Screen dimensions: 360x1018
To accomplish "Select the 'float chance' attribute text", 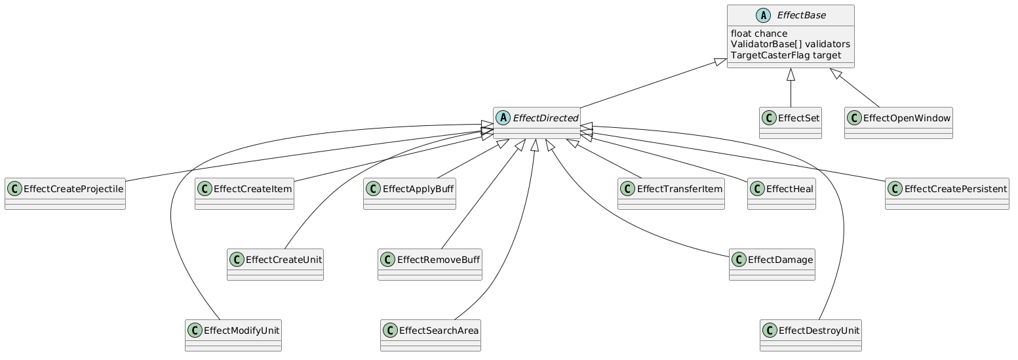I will pos(759,33).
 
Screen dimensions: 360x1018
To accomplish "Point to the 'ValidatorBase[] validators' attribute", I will pos(790,44).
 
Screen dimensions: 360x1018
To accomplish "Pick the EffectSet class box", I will pos(791,122).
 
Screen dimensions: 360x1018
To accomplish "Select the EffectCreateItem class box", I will pos(243,193).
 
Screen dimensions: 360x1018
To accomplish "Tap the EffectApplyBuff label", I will pos(418,190).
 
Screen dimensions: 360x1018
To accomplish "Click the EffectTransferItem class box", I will pos(671,193).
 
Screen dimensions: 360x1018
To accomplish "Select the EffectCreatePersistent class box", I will pos(947,193).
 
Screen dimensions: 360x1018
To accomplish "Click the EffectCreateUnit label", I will pos(283,260).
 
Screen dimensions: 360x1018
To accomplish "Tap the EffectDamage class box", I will pos(772,264).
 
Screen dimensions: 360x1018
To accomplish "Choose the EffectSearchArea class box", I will pos(430,334).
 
